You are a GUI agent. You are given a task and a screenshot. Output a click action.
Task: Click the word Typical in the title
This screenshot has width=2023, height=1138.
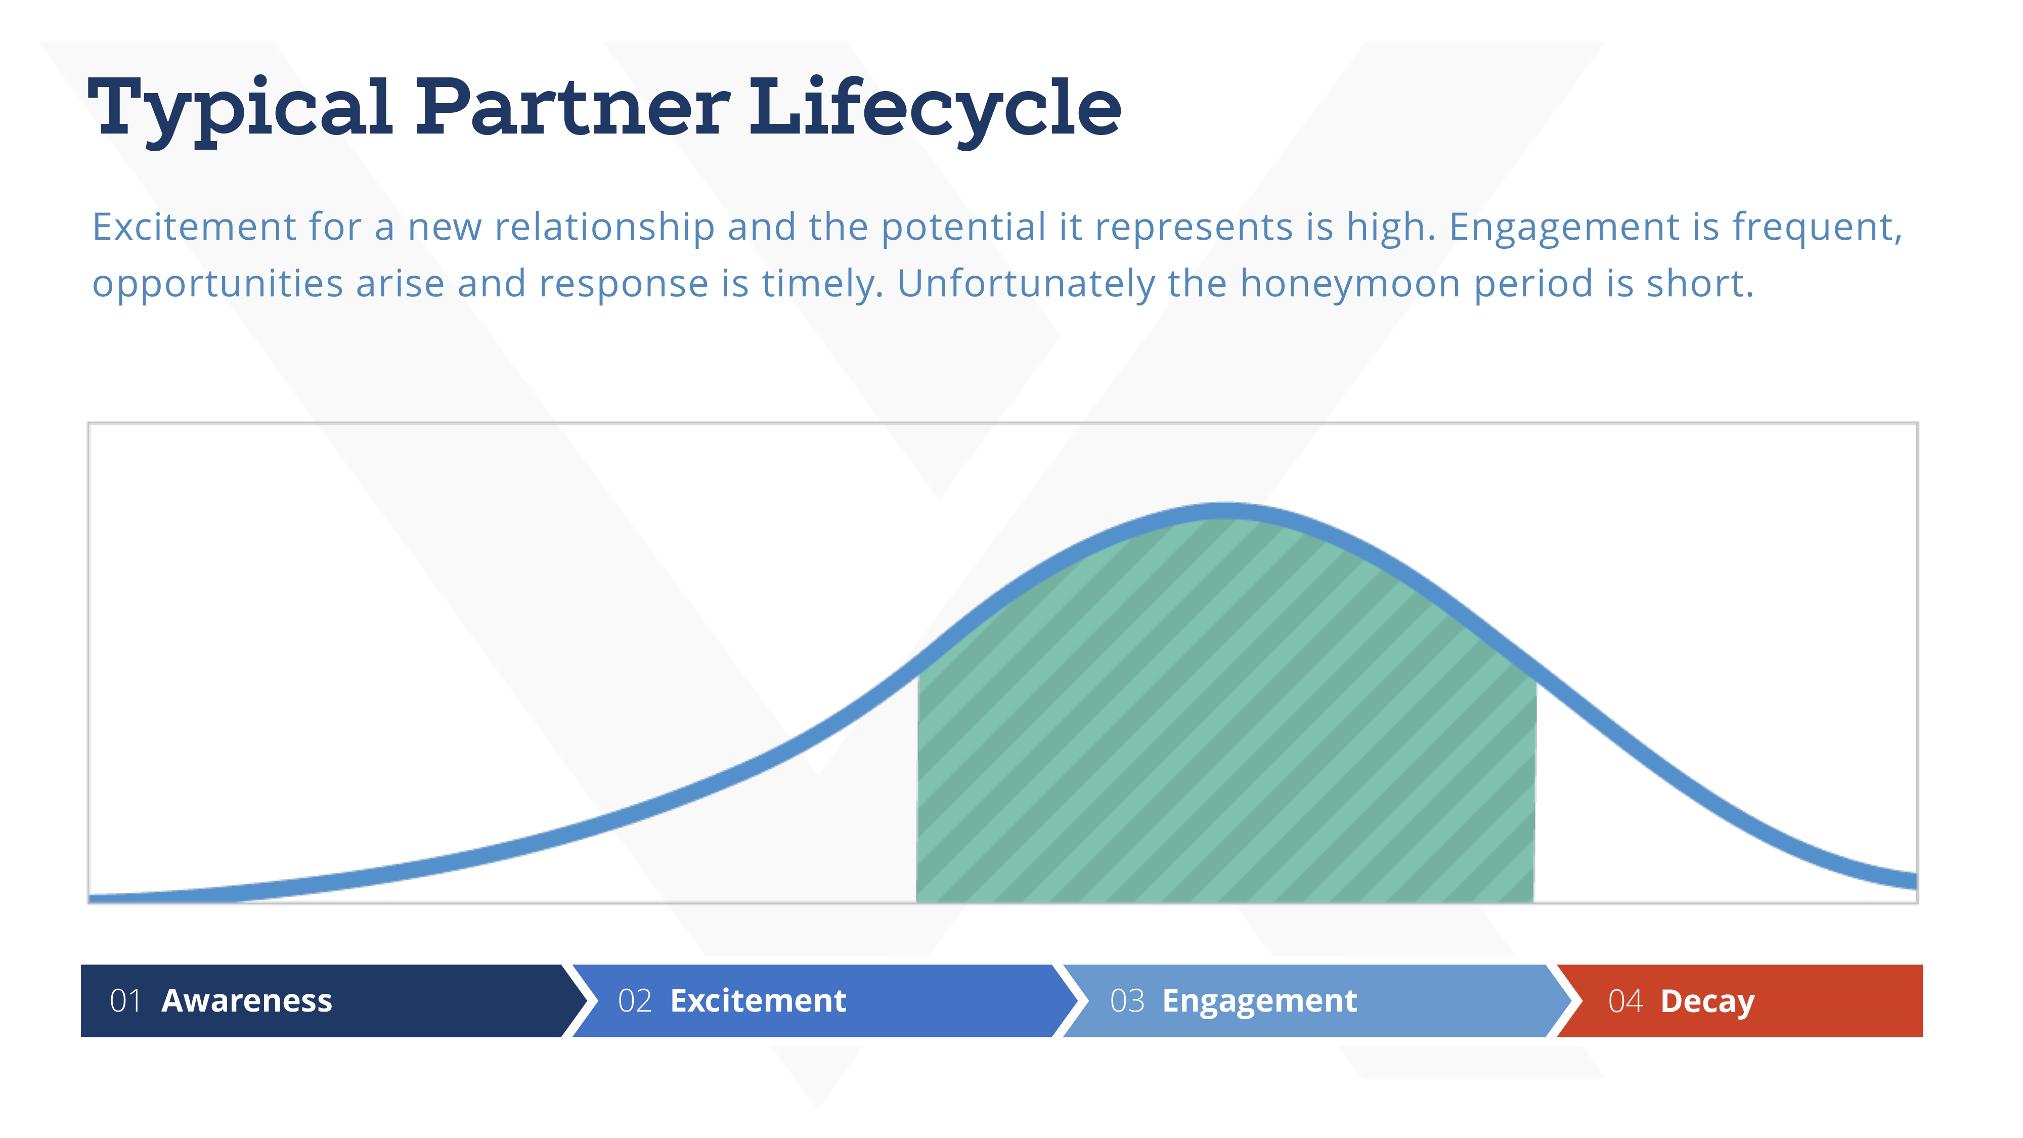click(x=240, y=110)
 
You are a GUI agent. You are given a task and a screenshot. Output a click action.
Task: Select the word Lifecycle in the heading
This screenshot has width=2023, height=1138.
click(x=935, y=110)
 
